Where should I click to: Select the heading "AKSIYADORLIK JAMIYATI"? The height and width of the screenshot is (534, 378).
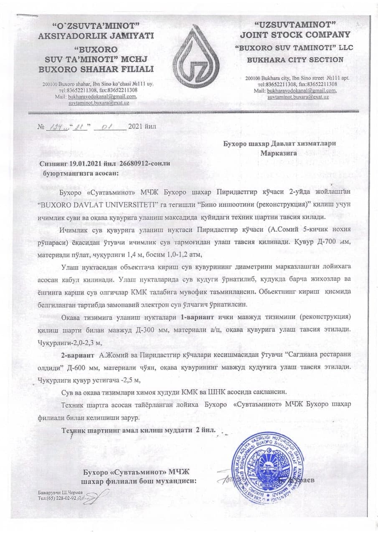96,36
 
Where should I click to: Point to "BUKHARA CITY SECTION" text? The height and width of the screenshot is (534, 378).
295,60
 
